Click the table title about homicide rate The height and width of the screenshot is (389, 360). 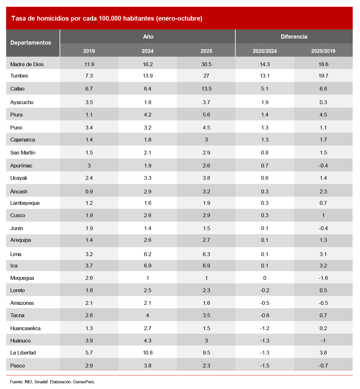pos(107,18)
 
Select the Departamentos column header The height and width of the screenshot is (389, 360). pos(31,43)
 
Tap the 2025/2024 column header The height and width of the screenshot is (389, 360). pos(265,51)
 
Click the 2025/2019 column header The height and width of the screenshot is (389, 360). pos(323,51)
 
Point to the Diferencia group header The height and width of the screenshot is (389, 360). pos(294,37)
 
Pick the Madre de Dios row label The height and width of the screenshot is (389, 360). pos(27,64)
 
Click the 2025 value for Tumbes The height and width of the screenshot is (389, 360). pos(206,76)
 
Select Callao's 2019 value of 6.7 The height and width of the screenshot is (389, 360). pos(89,89)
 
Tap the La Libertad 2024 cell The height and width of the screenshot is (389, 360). pos(148,353)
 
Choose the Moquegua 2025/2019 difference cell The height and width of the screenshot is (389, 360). pos(323,278)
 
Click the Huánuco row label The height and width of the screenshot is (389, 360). pos(20,341)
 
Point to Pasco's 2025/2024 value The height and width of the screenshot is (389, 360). pos(265,366)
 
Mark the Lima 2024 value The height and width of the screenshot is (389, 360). pos(148,254)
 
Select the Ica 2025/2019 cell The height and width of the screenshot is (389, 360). pos(323,266)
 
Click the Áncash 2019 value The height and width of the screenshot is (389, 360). pos(89,191)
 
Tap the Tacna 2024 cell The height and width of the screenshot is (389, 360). pos(148,315)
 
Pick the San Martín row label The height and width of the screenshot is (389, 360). pos(23,153)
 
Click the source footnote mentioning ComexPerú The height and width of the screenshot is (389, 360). pos(52,382)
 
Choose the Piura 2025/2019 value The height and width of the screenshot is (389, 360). pos(323,115)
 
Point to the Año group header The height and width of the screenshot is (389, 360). pos(148,37)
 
